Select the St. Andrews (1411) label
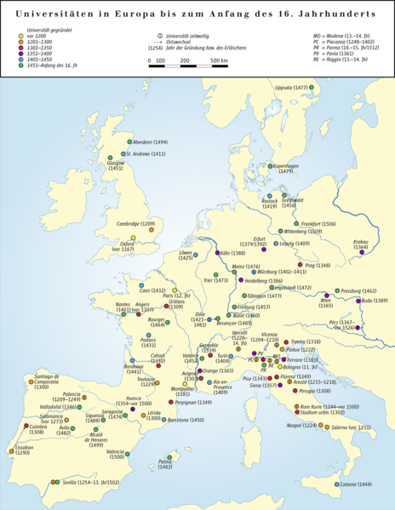coord(145,154)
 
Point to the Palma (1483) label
coord(166,464)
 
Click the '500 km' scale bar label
coord(219,62)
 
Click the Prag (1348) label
coord(315,266)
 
